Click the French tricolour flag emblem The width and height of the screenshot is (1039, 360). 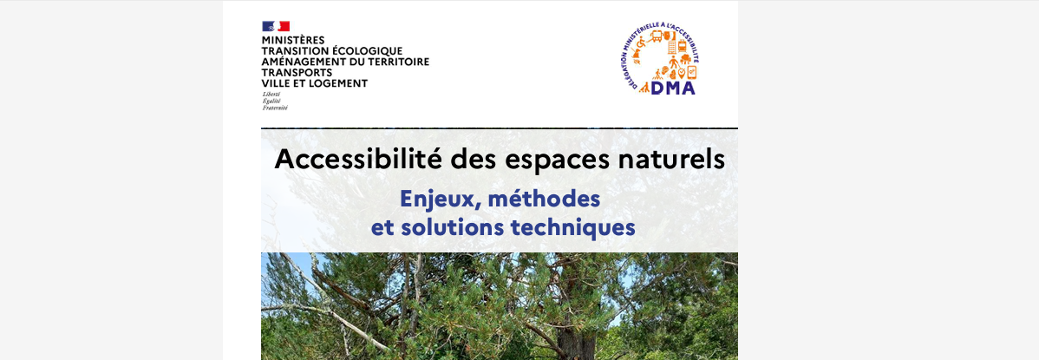(276, 26)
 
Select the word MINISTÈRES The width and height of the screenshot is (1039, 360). (293, 40)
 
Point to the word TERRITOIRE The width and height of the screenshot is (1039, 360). (398, 62)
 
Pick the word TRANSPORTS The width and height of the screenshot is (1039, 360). (297, 73)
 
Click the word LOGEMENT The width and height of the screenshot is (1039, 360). (340, 83)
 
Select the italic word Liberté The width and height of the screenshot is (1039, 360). (271, 94)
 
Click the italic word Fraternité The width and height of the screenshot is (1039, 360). (275, 108)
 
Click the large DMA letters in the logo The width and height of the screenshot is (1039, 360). (673, 85)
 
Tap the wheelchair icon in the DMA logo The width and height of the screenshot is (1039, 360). (643, 43)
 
